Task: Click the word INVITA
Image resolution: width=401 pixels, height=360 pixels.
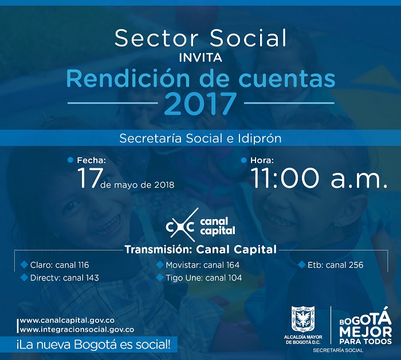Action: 200,57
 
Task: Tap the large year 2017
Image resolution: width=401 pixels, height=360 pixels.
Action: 200,104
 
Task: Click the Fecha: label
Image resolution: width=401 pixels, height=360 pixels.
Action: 91,160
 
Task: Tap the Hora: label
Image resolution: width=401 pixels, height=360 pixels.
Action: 262,160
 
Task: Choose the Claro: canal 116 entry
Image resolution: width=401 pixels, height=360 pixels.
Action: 60,265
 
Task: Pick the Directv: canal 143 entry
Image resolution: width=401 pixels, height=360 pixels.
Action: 64,278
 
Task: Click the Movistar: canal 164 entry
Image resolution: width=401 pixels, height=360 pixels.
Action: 203,265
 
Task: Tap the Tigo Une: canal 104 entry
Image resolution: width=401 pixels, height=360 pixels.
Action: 204,278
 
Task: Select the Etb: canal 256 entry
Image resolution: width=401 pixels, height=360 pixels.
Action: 335,265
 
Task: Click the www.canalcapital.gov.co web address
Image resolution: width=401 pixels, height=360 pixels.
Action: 67,321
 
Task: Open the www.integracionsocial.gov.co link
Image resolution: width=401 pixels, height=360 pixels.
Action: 77,330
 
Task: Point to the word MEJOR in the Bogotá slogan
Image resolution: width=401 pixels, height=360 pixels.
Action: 365,331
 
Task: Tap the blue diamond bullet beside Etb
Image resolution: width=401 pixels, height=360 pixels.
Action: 302,264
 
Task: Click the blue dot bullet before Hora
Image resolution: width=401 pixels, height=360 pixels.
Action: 243,160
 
